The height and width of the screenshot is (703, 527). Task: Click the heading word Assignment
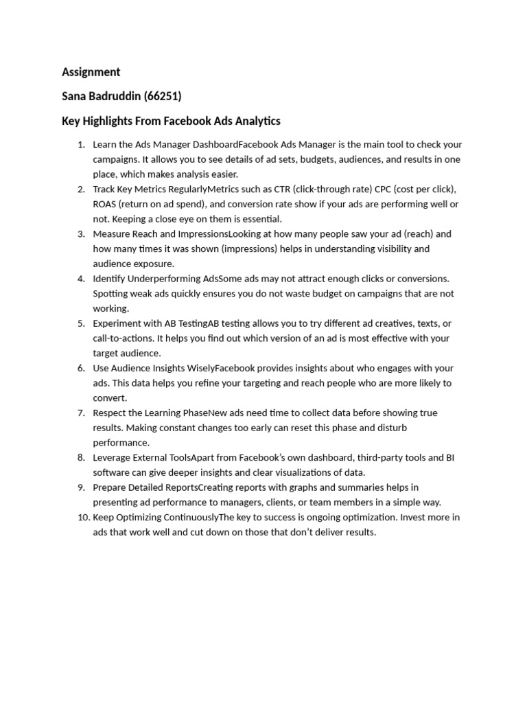[91, 72]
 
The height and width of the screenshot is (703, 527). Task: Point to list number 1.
[80, 144]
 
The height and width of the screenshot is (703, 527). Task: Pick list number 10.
[79, 517]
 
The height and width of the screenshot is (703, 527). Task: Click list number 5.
[80, 323]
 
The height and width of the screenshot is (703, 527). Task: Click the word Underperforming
[164, 279]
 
